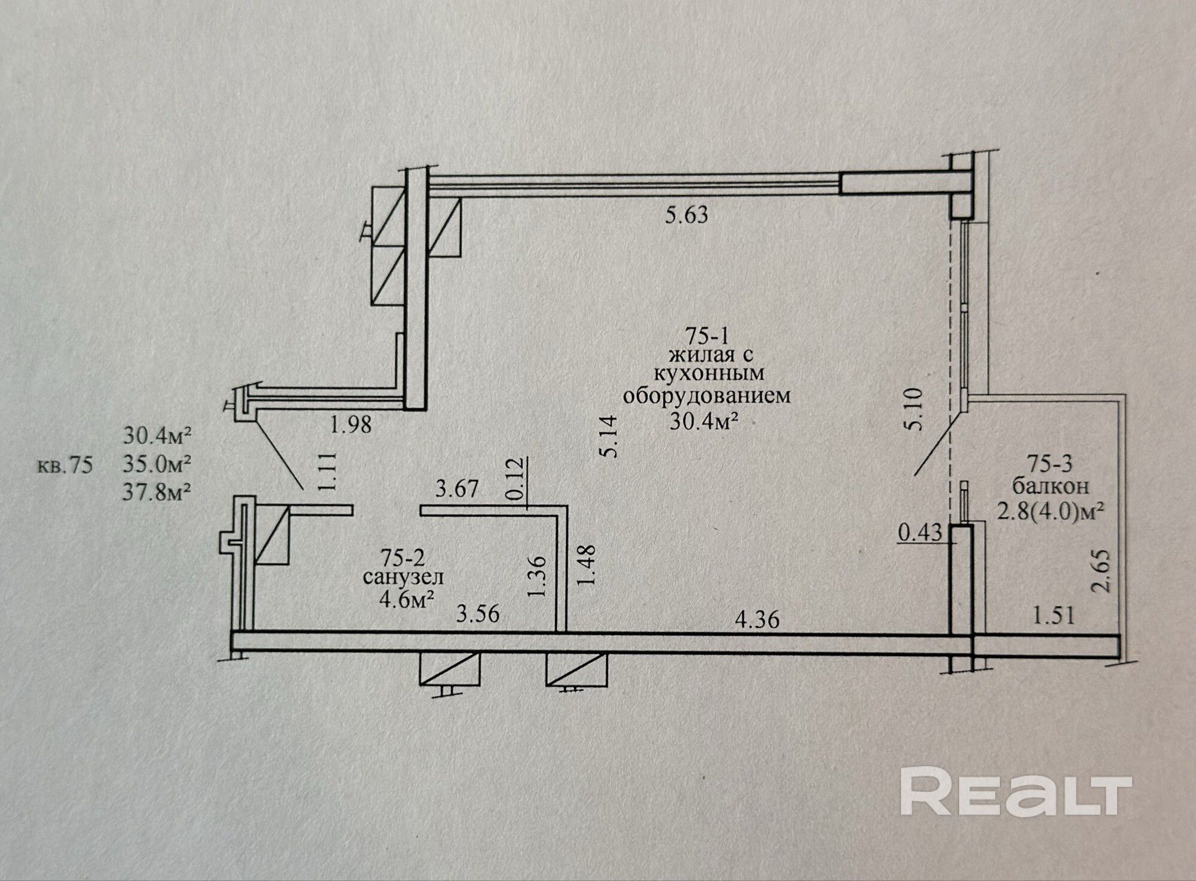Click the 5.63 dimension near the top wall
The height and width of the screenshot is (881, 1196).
click(687, 215)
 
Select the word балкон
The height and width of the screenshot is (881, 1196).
click(1050, 486)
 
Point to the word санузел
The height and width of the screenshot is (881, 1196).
click(403, 578)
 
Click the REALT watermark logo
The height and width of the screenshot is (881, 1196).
click(1016, 791)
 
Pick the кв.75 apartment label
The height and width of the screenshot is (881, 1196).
click(65, 465)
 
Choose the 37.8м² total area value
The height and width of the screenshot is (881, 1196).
click(157, 492)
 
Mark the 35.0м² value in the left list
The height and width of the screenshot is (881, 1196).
click(157, 464)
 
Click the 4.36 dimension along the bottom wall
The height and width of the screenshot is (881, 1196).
click(757, 619)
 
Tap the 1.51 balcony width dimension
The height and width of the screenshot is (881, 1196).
click(1054, 615)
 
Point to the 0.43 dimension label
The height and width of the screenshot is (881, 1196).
click(920, 532)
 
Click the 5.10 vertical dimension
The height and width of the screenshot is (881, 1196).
click(914, 409)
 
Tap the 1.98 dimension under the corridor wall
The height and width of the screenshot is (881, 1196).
click(351, 425)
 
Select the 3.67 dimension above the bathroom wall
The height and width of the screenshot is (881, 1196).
click(457, 489)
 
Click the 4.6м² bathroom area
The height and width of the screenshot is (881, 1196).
click(407, 599)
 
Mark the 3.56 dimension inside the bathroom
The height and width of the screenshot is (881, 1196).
click(477, 614)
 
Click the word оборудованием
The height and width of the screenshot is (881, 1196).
click(707, 396)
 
